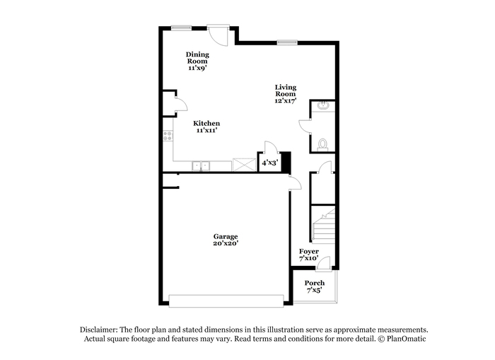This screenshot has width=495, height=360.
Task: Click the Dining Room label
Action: (197, 58)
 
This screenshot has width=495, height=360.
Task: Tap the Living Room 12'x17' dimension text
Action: (286, 100)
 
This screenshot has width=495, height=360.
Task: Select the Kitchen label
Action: (206, 123)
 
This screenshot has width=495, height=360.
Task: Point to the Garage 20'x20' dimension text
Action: (226, 243)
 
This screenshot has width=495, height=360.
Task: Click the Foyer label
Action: (309, 251)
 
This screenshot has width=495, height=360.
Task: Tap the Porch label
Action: (315, 283)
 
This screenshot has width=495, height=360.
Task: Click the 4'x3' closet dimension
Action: (270, 163)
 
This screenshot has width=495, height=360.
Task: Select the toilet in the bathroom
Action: (322, 145)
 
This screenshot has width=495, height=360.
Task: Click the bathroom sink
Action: (322, 105)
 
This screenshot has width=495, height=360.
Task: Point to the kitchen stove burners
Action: (168, 136)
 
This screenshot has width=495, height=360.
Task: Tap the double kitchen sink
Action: (201, 166)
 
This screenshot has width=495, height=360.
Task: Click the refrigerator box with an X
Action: (245, 165)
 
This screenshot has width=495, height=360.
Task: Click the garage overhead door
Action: (226, 301)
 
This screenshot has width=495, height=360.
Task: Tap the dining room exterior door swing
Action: (218, 35)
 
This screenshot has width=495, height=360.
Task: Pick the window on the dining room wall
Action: (181, 28)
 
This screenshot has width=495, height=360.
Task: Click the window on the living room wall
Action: (287, 42)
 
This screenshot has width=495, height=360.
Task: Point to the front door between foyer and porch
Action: (324, 264)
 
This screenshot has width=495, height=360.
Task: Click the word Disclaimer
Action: (99, 330)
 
